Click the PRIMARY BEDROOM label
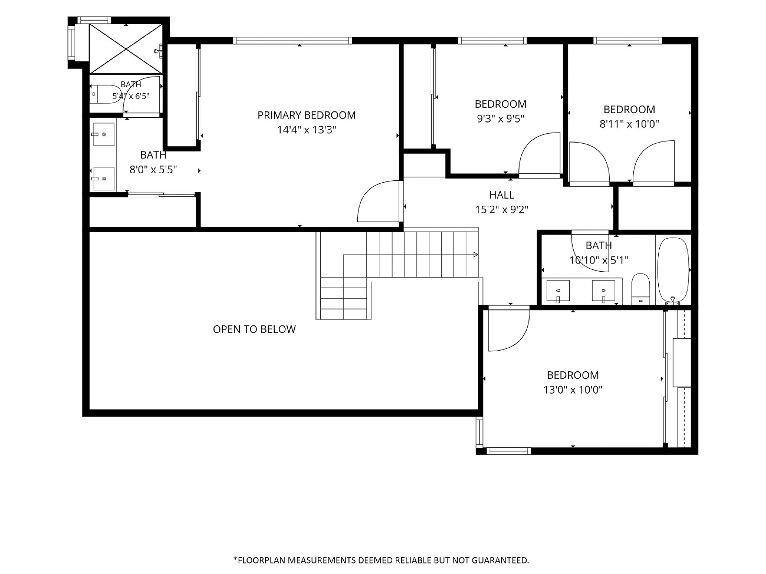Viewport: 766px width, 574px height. [306, 115]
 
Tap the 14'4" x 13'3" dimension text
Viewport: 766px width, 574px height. [306, 130]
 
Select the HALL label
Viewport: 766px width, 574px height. [501, 195]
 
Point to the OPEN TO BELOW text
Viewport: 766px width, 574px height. [254, 330]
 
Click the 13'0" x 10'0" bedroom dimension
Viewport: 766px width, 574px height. [573, 390]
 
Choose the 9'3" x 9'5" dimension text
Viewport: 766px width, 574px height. [501, 119]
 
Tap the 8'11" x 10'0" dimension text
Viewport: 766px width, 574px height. [629, 124]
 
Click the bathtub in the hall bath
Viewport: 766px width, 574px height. [673, 270]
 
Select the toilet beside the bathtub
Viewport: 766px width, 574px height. [641, 289]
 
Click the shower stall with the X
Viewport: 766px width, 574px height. [126, 49]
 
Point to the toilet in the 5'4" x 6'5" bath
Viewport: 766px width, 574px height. [105, 94]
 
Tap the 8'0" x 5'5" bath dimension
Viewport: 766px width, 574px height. [153, 170]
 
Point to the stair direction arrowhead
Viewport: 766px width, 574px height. [475, 255]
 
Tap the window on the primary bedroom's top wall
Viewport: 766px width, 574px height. [293, 41]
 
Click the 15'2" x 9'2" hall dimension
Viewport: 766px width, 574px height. [501, 210]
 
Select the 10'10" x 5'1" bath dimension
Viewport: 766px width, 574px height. [599, 260]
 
